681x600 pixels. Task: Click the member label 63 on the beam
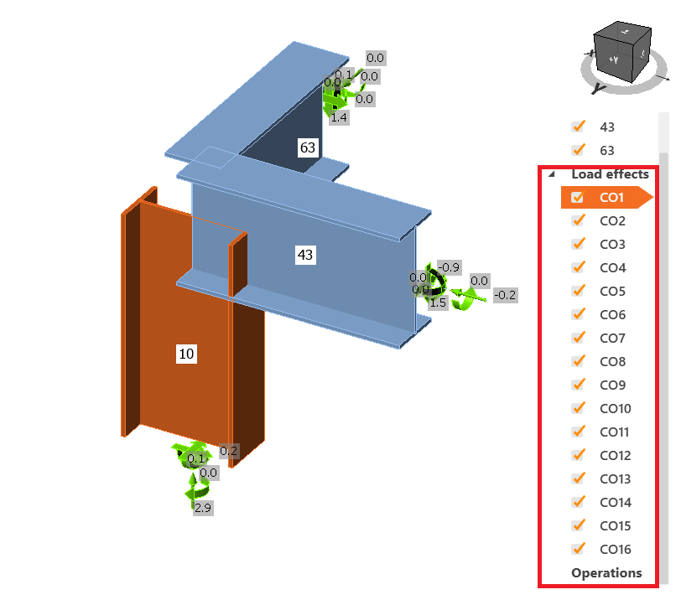[308, 147]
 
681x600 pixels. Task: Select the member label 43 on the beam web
[305, 255]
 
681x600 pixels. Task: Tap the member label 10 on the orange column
[186, 354]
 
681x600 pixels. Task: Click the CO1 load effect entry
[611, 198]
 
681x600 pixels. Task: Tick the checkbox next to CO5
[577, 292]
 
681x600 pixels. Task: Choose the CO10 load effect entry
[615, 409]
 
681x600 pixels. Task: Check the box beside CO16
[577, 550]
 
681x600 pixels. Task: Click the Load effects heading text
[610, 174]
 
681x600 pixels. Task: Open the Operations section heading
[606, 573]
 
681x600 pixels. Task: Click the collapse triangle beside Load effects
[551, 174]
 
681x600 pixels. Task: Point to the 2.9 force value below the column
[202, 508]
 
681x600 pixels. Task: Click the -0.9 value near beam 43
[450, 267]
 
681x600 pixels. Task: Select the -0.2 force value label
[505, 295]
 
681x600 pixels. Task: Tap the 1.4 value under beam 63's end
[339, 118]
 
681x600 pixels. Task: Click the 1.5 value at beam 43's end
[437, 303]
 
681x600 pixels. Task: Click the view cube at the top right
[621, 52]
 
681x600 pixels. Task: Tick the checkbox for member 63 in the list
[577, 151]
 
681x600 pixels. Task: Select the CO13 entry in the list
[615, 479]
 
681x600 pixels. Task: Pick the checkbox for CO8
[577, 362]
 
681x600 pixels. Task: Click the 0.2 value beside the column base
[228, 451]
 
